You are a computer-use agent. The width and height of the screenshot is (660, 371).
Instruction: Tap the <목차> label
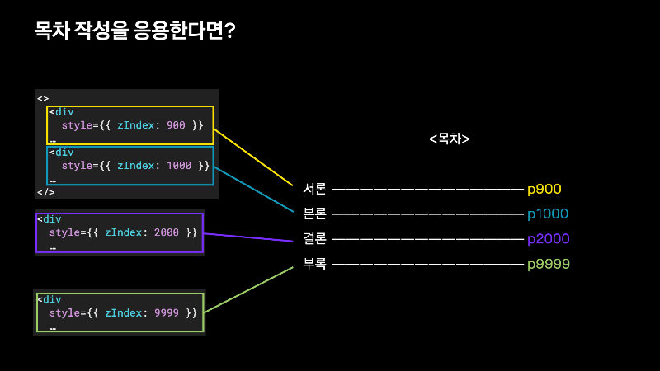(x=450, y=139)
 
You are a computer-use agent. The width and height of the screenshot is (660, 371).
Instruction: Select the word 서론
(x=315, y=189)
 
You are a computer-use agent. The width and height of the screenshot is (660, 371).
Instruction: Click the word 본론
(x=315, y=214)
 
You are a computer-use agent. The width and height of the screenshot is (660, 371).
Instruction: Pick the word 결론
(x=315, y=239)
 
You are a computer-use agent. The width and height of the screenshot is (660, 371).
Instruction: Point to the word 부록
(x=315, y=264)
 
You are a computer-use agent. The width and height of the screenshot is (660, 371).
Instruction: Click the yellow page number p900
(x=544, y=189)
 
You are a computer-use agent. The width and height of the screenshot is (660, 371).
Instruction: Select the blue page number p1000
(x=548, y=214)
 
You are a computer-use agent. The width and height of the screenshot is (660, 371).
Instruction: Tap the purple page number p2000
(x=548, y=239)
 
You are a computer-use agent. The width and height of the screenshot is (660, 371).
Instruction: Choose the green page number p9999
(x=549, y=264)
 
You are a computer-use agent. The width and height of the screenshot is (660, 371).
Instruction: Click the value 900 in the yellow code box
(x=176, y=124)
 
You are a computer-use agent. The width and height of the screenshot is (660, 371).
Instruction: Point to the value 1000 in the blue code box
(x=179, y=165)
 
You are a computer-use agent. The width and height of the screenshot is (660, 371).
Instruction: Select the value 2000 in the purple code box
(x=166, y=232)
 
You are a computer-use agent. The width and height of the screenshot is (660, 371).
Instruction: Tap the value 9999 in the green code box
(x=166, y=312)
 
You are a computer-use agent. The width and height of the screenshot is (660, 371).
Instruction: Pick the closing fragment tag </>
(x=45, y=192)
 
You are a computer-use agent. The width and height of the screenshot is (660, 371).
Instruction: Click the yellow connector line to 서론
(x=253, y=157)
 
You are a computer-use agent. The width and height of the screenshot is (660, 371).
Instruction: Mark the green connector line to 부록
(x=248, y=289)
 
